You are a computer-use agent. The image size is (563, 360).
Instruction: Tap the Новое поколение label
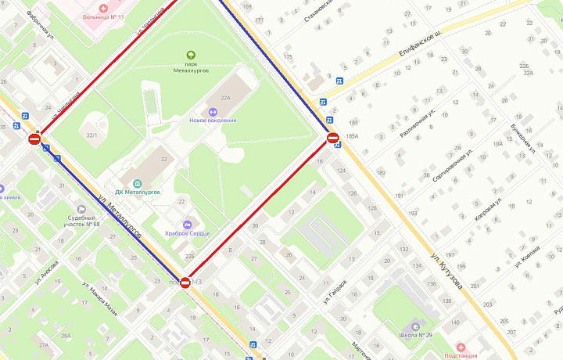[209, 120]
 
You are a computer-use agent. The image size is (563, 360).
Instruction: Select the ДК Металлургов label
[137, 191]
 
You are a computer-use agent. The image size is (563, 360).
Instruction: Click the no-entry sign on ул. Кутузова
[332, 139]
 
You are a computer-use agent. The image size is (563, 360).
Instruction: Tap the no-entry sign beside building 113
[185, 283]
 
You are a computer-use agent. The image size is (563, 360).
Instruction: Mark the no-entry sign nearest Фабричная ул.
[34, 139]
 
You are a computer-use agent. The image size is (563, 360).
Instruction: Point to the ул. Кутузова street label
[446, 270]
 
